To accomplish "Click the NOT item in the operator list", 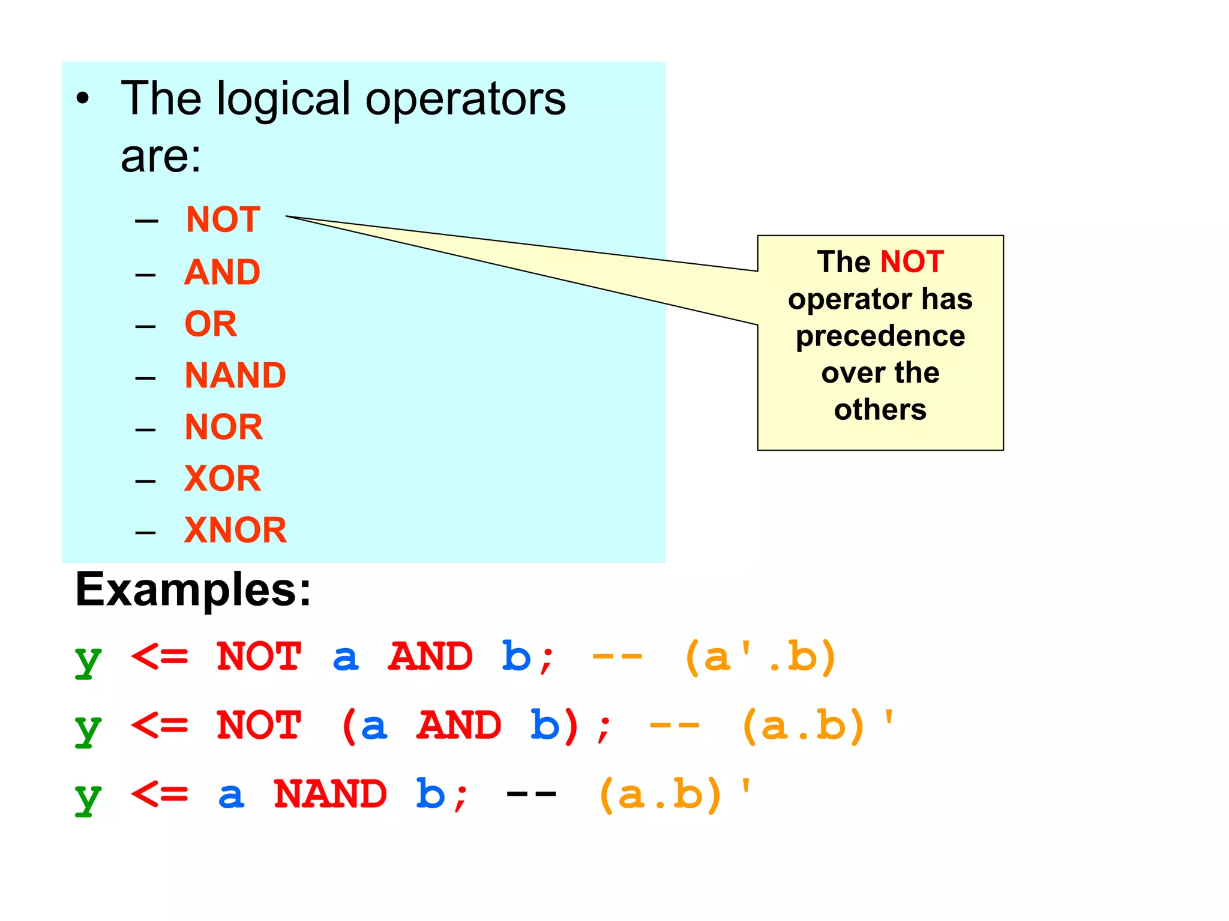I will point(223,219).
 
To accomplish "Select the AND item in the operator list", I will point(222,272).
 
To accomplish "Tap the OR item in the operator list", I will point(211,324).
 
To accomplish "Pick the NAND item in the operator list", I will point(235,375).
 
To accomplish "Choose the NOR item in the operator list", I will point(223,427).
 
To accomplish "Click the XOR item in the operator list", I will point(222,478).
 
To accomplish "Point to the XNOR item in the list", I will point(235,530).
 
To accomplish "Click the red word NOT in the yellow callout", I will point(912,262).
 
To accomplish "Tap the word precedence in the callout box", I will point(880,336).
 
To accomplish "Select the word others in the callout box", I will point(880,410).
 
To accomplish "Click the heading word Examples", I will point(193,590).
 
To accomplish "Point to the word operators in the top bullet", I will point(466,99).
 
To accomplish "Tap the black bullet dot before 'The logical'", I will point(83,99).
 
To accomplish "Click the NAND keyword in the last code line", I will point(330,794).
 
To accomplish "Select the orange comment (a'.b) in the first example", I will point(760,657).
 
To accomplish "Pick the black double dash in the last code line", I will point(532,794).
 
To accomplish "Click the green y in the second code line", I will point(88,727).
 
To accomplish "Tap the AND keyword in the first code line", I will point(431,657).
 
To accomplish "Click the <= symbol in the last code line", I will point(160,794).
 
